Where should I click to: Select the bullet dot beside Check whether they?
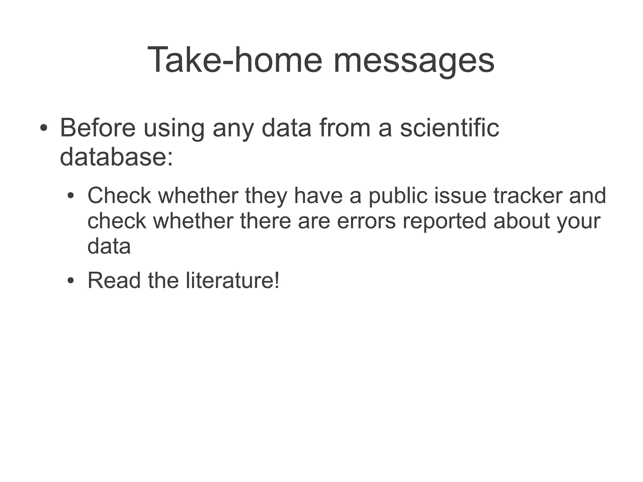click(x=71, y=196)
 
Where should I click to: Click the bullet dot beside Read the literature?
click(x=71, y=281)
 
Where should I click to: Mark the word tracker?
click(x=527, y=195)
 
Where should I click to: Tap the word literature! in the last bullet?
click(x=232, y=280)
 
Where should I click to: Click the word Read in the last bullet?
click(x=114, y=280)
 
